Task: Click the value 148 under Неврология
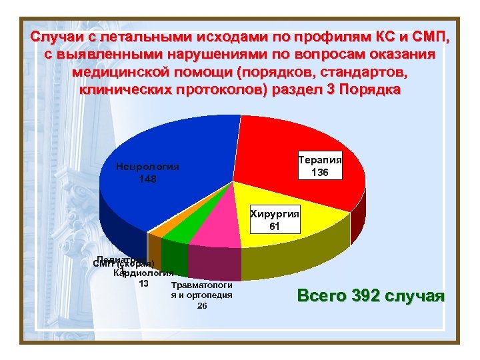pyautogui.click(x=148, y=179)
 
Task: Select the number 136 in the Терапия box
pyautogui.click(x=320, y=173)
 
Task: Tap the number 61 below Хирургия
pyautogui.click(x=275, y=227)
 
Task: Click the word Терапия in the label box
pyautogui.click(x=320, y=161)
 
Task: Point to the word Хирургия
pyautogui.click(x=275, y=214)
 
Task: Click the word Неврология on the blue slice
pyautogui.click(x=147, y=167)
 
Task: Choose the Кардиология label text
pyautogui.click(x=143, y=273)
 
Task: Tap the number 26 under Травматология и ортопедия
pyautogui.click(x=202, y=306)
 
